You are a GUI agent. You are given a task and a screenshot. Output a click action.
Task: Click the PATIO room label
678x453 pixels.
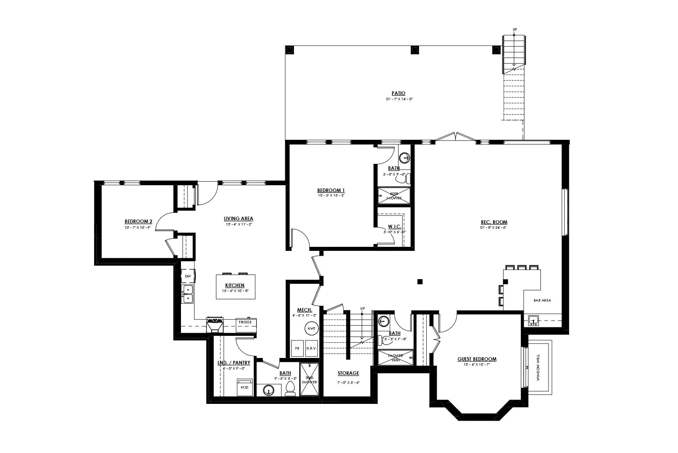point(398,93)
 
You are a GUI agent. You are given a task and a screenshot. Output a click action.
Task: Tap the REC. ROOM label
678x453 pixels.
point(494,222)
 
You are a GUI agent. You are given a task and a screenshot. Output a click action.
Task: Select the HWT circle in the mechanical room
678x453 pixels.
point(311,329)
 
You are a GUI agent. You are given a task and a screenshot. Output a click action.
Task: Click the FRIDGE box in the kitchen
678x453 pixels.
point(245,322)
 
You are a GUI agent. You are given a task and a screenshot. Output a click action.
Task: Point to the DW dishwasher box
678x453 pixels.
point(188,276)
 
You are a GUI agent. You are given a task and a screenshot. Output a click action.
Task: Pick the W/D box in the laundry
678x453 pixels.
point(244,387)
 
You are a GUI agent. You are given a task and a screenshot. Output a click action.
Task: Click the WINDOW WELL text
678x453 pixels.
point(538,367)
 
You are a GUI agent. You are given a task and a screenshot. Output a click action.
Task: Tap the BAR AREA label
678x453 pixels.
point(542,300)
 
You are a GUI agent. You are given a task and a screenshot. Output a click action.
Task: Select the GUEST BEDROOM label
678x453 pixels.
point(477,359)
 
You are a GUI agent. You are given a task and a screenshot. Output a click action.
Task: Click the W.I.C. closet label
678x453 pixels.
point(394,227)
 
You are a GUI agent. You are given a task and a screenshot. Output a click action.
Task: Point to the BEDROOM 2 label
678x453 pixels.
point(138,221)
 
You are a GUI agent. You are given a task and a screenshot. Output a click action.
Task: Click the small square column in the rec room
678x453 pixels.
point(420,281)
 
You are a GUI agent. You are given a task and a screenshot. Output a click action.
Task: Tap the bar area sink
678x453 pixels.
point(534,321)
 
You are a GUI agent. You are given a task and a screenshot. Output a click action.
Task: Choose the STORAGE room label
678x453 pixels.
point(348,373)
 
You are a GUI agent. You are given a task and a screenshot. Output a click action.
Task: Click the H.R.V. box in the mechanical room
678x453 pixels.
point(311,348)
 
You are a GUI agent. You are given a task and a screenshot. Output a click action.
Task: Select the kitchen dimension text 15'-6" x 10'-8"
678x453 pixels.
point(235,291)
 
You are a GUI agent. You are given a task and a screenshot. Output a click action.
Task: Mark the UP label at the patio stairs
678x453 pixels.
point(514,29)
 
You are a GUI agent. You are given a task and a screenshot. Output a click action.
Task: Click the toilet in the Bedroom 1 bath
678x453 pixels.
point(408,178)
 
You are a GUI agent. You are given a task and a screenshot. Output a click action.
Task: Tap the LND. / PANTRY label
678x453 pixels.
point(234,363)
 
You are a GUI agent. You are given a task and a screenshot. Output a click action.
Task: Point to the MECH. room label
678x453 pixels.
point(304,310)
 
